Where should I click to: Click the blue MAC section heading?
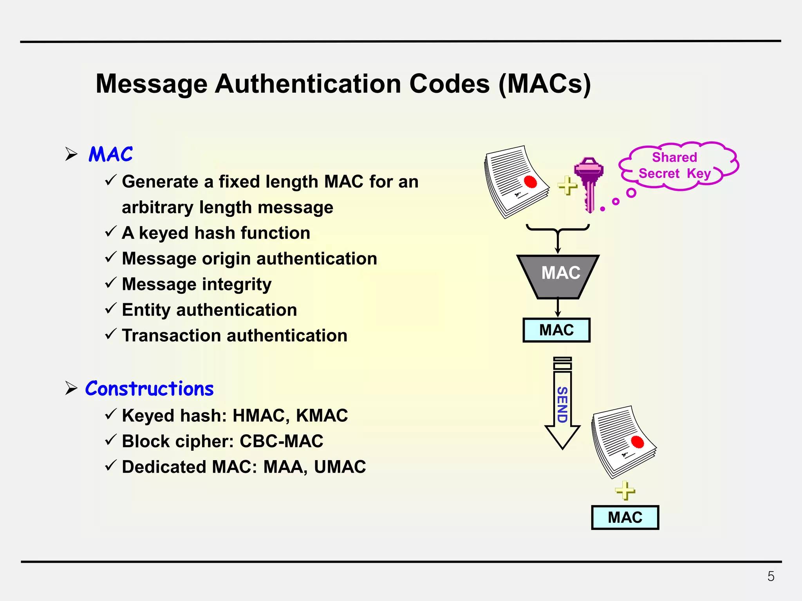point(111,154)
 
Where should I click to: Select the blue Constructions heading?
point(150,389)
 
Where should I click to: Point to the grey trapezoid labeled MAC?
point(558,276)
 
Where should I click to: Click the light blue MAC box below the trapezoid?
point(556,330)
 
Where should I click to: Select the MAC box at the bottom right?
point(625,517)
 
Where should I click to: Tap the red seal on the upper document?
point(531,182)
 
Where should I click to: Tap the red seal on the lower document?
point(638,442)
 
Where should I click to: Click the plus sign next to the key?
point(567,185)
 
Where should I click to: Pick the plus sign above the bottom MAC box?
point(625,490)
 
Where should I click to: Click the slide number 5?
point(771,576)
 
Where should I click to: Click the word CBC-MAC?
point(281,441)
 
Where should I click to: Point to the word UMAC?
point(340,467)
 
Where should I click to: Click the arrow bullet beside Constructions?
point(71,388)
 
